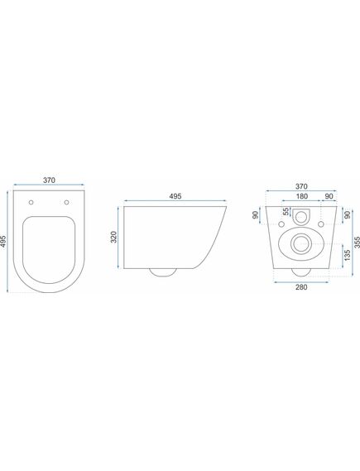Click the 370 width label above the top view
click(x=49, y=180)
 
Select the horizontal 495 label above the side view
click(x=175, y=196)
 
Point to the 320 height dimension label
click(x=114, y=237)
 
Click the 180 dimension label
click(x=302, y=196)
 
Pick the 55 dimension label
click(x=286, y=211)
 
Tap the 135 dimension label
click(x=348, y=255)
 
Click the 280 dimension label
click(x=301, y=287)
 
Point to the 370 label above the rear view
click(x=301, y=186)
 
